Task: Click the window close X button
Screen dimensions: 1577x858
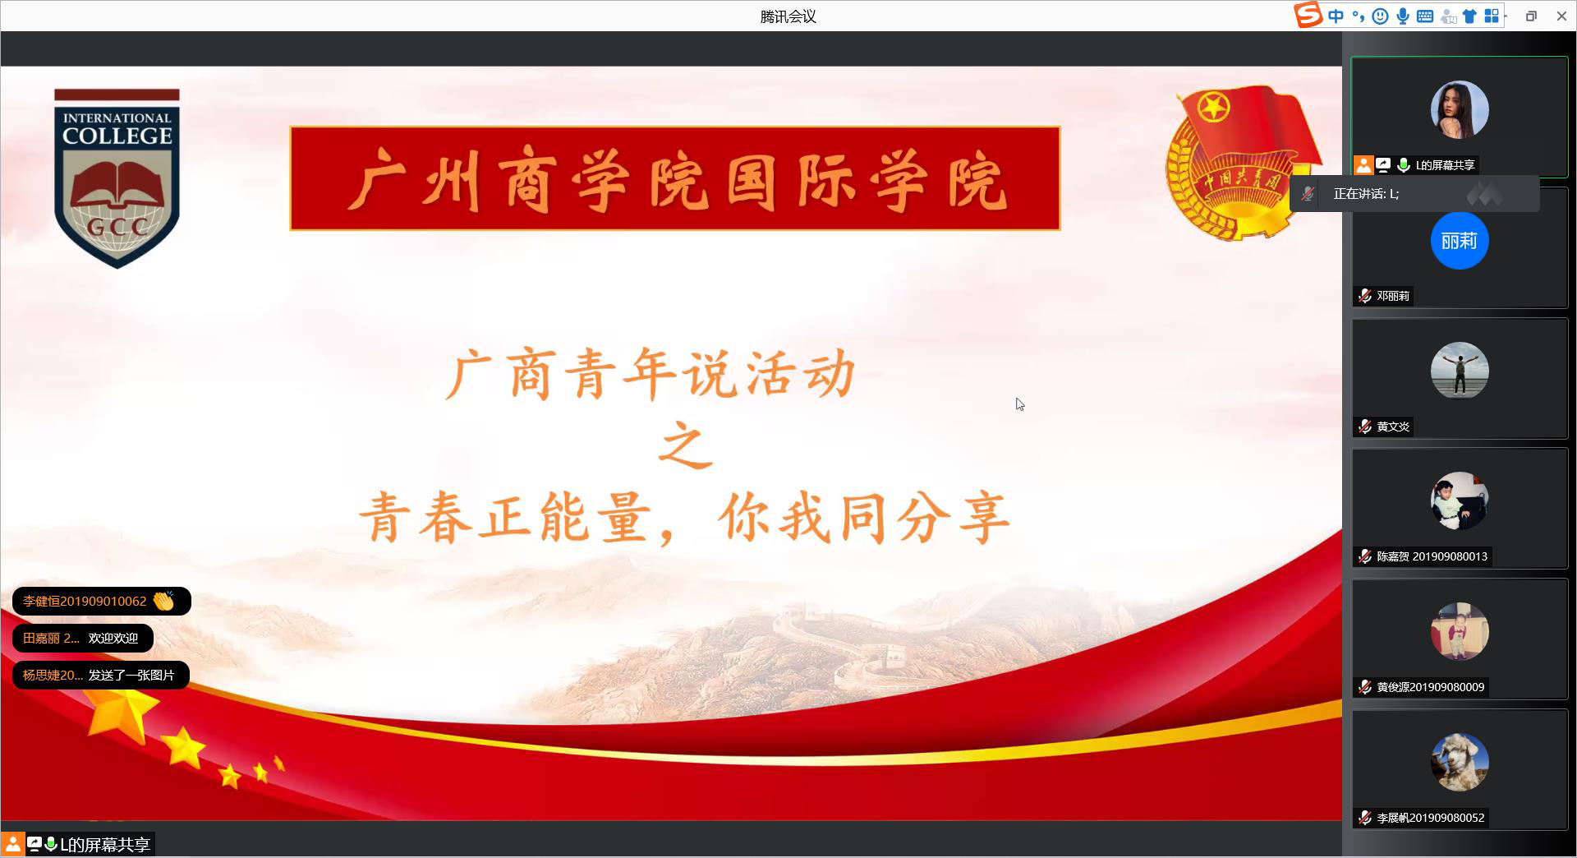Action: [1561, 16]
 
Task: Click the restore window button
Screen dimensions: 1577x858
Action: [1531, 16]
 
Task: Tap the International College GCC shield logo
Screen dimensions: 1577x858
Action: [117, 178]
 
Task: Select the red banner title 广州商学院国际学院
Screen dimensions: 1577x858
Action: [675, 178]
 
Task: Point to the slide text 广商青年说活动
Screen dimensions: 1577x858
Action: [651, 374]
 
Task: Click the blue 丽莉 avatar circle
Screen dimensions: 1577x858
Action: [1460, 241]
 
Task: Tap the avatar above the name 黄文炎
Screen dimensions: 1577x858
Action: [1460, 371]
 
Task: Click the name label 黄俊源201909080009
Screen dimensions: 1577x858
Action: [1431, 687]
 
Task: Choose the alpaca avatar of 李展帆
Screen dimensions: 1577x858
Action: [1460, 762]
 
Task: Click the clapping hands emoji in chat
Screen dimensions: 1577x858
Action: [163, 601]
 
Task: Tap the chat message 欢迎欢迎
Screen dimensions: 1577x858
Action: [113, 638]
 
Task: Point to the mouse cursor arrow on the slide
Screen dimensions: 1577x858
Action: [1019, 404]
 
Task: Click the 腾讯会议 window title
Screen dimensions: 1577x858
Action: [788, 16]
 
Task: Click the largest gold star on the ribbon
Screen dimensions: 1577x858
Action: [122, 711]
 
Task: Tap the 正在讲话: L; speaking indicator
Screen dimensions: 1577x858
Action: [1367, 194]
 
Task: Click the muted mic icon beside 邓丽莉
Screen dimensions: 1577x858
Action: [1364, 296]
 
